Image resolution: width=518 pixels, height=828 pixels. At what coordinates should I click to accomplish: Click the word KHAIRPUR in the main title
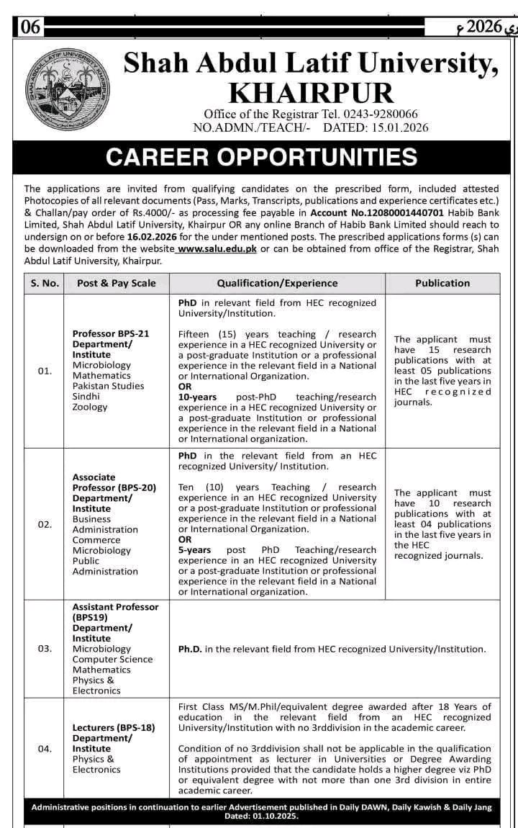pyautogui.click(x=310, y=94)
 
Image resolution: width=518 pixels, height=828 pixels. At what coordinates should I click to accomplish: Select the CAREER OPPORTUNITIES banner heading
pyautogui.click(x=261, y=157)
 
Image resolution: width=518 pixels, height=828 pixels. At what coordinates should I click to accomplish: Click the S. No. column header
pyautogui.click(x=45, y=283)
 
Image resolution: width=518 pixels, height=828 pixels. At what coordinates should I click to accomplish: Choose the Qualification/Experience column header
pyautogui.click(x=277, y=283)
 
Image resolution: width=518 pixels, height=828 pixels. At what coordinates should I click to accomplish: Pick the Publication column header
pyautogui.click(x=442, y=283)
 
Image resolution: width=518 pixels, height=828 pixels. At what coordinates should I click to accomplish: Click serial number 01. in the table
pyautogui.click(x=45, y=371)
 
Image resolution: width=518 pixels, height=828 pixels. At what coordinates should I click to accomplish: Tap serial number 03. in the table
pyautogui.click(x=45, y=649)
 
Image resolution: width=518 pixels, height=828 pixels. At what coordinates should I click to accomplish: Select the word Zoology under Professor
pyautogui.click(x=90, y=407)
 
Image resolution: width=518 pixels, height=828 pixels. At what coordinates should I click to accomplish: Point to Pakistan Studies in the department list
pyautogui.click(x=108, y=386)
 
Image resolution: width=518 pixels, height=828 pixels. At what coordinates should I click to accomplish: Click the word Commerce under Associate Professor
pyautogui.click(x=96, y=540)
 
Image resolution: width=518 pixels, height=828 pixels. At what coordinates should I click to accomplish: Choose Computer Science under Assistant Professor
pyautogui.click(x=112, y=659)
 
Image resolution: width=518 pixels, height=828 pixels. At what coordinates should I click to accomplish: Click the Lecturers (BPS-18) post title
pyautogui.click(x=114, y=728)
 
